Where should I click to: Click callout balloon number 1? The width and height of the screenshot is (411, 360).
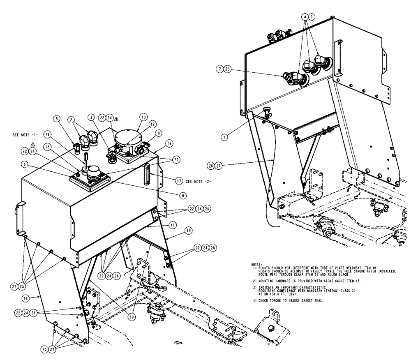pos(224,138)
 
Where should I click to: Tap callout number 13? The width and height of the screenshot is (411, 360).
pos(143,117)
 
